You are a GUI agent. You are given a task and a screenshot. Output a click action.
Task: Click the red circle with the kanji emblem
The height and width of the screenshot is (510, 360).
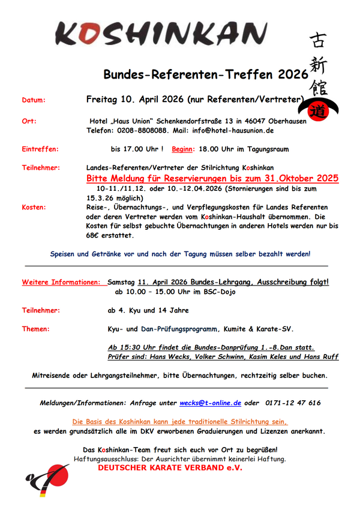coord(317,110)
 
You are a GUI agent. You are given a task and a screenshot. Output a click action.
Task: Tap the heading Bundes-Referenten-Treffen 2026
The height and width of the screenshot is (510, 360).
coord(205,74)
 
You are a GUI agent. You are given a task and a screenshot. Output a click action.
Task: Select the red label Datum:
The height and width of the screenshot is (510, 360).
coord(34,100)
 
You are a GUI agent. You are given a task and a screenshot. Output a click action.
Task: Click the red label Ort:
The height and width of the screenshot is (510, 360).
coord(29,121)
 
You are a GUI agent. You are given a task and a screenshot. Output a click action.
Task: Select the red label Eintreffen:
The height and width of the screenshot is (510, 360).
coord(40,149)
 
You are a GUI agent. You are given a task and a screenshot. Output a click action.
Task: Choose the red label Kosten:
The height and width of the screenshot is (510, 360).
coord(34,207)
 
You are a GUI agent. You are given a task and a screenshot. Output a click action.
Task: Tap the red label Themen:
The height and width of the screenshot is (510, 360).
coord(36,329)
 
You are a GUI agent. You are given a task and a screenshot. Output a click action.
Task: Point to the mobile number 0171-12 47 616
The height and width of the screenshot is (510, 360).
coord(292,403)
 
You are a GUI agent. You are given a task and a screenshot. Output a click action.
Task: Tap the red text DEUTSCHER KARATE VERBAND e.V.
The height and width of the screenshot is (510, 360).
coord(170,467)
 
